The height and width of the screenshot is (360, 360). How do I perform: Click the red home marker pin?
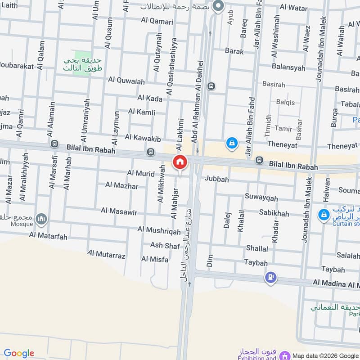tap(180, 162)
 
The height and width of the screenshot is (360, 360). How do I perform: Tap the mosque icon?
tap(42, 219)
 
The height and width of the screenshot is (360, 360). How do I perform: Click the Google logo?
tap(19, 353)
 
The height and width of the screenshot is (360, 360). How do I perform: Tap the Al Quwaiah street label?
tap(126, 81)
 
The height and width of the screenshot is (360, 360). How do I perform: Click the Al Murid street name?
tap(141, 173)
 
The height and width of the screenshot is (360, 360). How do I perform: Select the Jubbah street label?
tap(217, 179)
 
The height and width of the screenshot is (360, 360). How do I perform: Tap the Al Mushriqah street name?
tap(159, 230)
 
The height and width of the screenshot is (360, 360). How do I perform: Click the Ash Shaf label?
tap(165, 245)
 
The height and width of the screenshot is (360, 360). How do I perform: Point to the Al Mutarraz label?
tap(106, 256)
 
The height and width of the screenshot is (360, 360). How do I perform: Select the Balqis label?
tap(285, 102)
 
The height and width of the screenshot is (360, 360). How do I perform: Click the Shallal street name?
tap(257, 248)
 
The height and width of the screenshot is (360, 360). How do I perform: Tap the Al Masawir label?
tap(119, 210)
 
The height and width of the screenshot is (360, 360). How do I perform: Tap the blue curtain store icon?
tap(323, 215)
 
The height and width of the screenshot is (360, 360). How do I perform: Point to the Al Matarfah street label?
tap(48, 234)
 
